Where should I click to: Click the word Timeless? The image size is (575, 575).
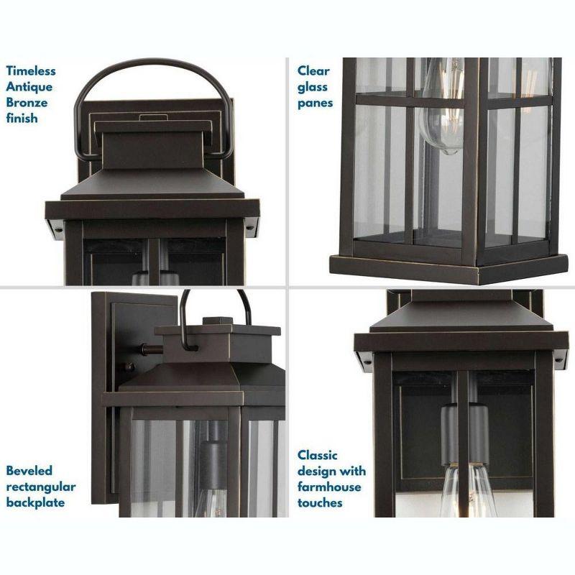click(x=31, y=70)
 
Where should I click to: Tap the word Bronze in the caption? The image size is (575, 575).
click(x=27, y=102)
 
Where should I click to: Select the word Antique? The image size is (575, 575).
click(x=29, y=86)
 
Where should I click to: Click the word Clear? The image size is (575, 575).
click(x=313, y=70)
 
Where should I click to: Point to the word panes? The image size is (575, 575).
click(x=316, y=102)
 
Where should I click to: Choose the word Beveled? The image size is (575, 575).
click(x=29, y=471)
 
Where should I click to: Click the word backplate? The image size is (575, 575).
click(x=35, y=502)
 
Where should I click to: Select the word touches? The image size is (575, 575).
click(x=321, y=502)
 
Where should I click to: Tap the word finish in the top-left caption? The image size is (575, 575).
click(x=22, y=118)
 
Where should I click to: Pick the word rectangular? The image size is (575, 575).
click(x=41, y=487)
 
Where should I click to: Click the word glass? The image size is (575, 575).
click(x=313, y=86)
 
